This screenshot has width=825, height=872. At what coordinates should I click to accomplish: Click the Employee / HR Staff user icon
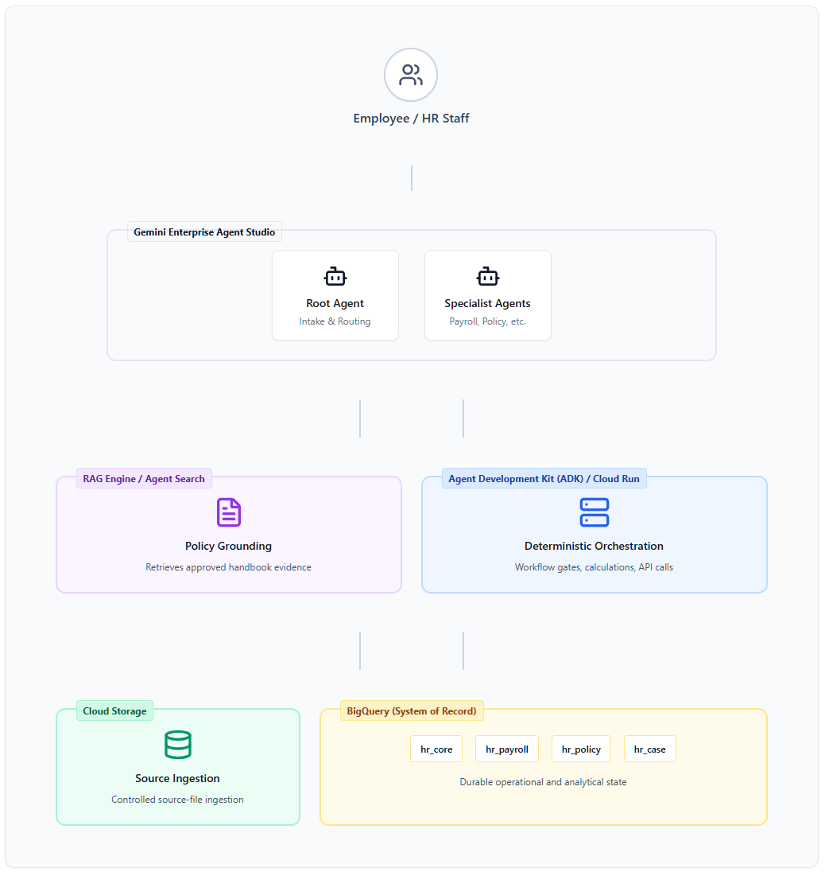[411, 75]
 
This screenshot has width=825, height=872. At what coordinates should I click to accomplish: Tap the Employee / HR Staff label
[411, 119]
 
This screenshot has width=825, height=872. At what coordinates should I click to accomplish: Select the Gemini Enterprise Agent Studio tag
[204, 232]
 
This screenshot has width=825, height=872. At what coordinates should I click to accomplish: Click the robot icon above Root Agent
[335, 276]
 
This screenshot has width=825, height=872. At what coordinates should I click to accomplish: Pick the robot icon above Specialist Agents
[488, 276]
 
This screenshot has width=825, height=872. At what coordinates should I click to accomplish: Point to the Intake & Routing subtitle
[335, 321]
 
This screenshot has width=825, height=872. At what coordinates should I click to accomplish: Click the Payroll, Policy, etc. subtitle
[488, 321]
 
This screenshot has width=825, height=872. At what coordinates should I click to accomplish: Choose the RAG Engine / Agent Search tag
[144, 479]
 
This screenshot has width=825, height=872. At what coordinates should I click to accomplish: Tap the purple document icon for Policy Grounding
[228, 512]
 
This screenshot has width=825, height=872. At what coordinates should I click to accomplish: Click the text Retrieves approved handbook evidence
[228, 567]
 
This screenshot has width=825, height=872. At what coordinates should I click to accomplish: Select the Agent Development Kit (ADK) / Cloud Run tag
[544, 479]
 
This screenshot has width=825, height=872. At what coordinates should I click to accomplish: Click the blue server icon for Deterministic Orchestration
[594, 512]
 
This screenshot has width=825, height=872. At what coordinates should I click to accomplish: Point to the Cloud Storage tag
[114, 711]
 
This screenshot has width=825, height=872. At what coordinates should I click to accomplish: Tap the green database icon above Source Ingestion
[178, 745]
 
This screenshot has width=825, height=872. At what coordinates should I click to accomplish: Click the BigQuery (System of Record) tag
[412, 711]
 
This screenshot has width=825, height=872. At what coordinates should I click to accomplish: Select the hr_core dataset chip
[436, 749]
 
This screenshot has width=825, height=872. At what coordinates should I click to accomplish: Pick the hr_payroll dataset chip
[507, 749]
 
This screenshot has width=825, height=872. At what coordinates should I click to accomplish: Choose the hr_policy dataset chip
[581, 749]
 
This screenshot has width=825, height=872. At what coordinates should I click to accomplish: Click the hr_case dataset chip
[650, 749]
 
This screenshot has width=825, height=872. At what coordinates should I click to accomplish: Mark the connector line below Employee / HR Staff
[412, 178]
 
